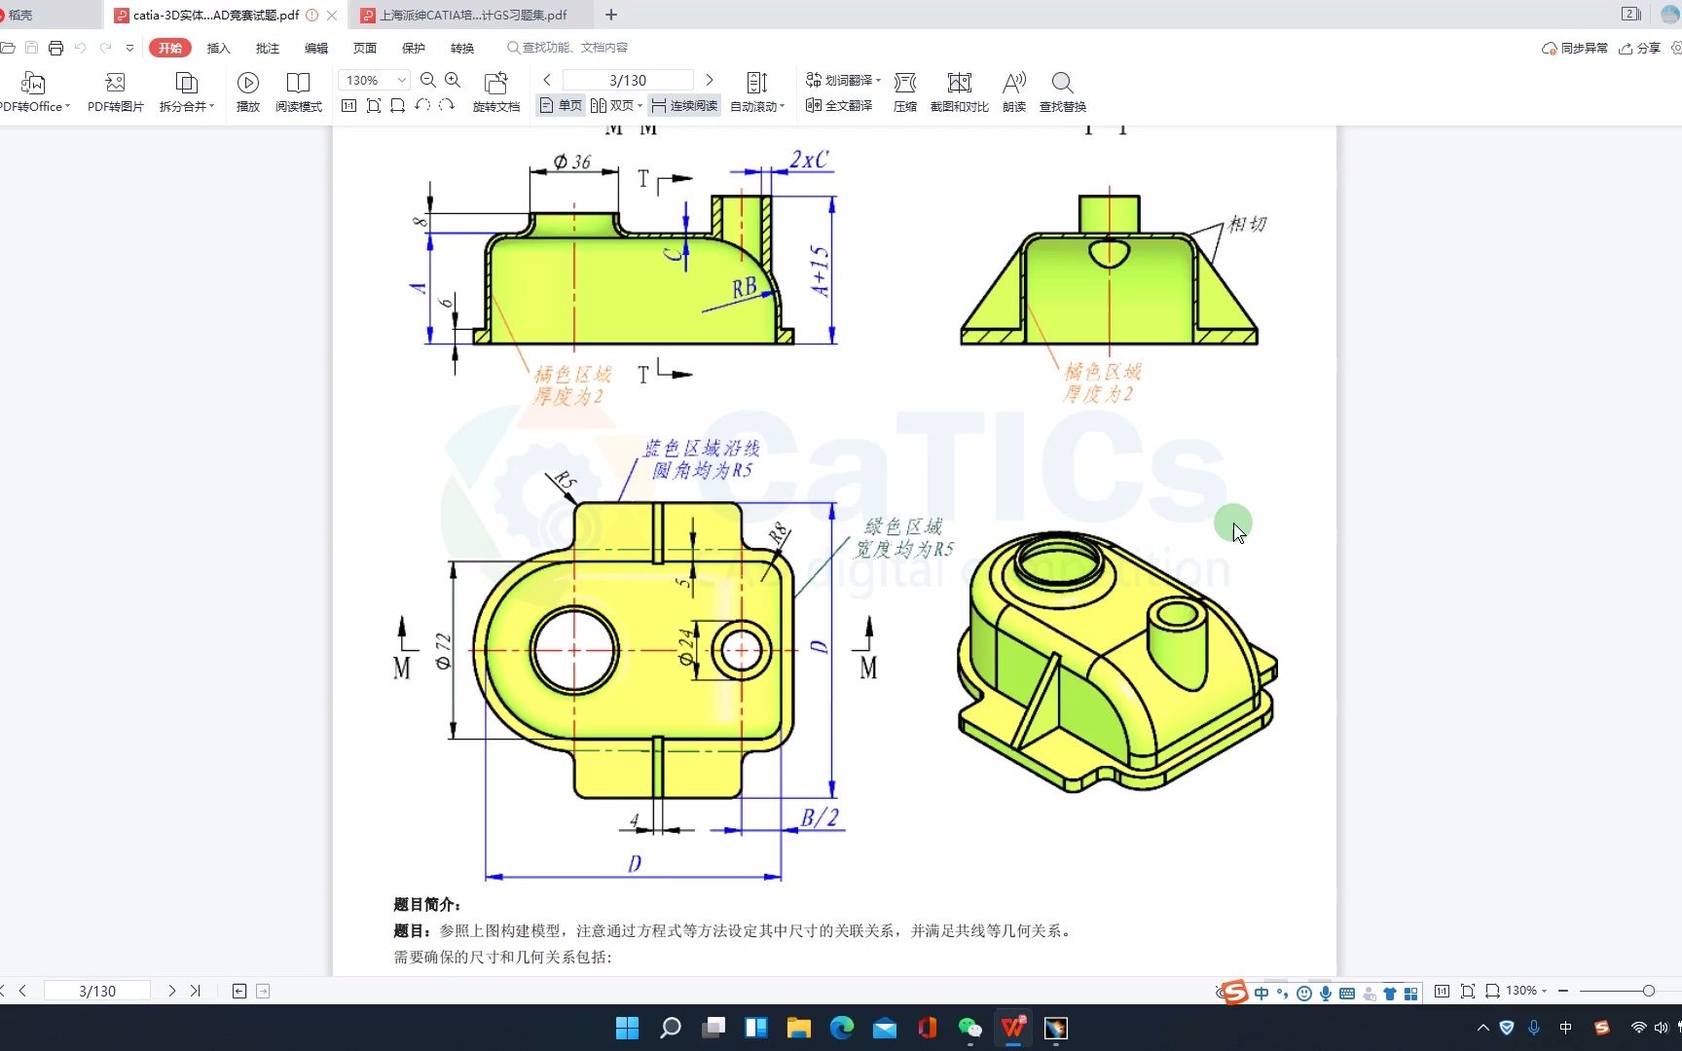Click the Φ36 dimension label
pos(572,162)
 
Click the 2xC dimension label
pos(809,160)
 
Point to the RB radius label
pos(745,287)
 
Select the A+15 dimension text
pos(820,271)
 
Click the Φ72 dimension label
pos(444,651)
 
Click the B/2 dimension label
pos(819,817)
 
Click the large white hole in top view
pos(574,650)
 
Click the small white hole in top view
pos(742,650)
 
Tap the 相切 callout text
pos(1247,224)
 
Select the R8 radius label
pos(778,533)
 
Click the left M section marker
pos(402,668)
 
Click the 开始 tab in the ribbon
pos(170,48)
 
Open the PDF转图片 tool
pos(115,92)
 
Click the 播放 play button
pos(248,92)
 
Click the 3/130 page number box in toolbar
pos(628,80)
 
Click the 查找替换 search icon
pos(1062,92)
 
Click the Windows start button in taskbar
pos(628,1028)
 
